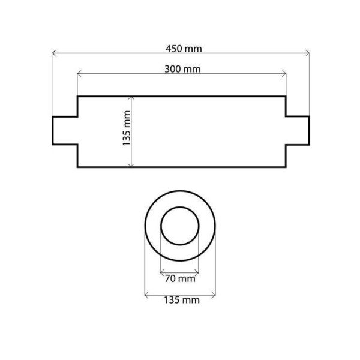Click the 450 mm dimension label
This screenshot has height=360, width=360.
click(183, 47)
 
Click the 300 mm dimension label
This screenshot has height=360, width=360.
click(182, 68)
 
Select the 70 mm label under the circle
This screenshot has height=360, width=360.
click(179, 278)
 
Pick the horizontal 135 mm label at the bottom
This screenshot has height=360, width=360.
click(181, 300)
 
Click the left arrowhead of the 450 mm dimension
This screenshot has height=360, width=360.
click(53, 54)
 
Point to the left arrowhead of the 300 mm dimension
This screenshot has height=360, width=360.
click(79, 75)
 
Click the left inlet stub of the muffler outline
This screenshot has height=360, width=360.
click(65, 131)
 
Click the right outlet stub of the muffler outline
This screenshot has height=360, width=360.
click(298, 131)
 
